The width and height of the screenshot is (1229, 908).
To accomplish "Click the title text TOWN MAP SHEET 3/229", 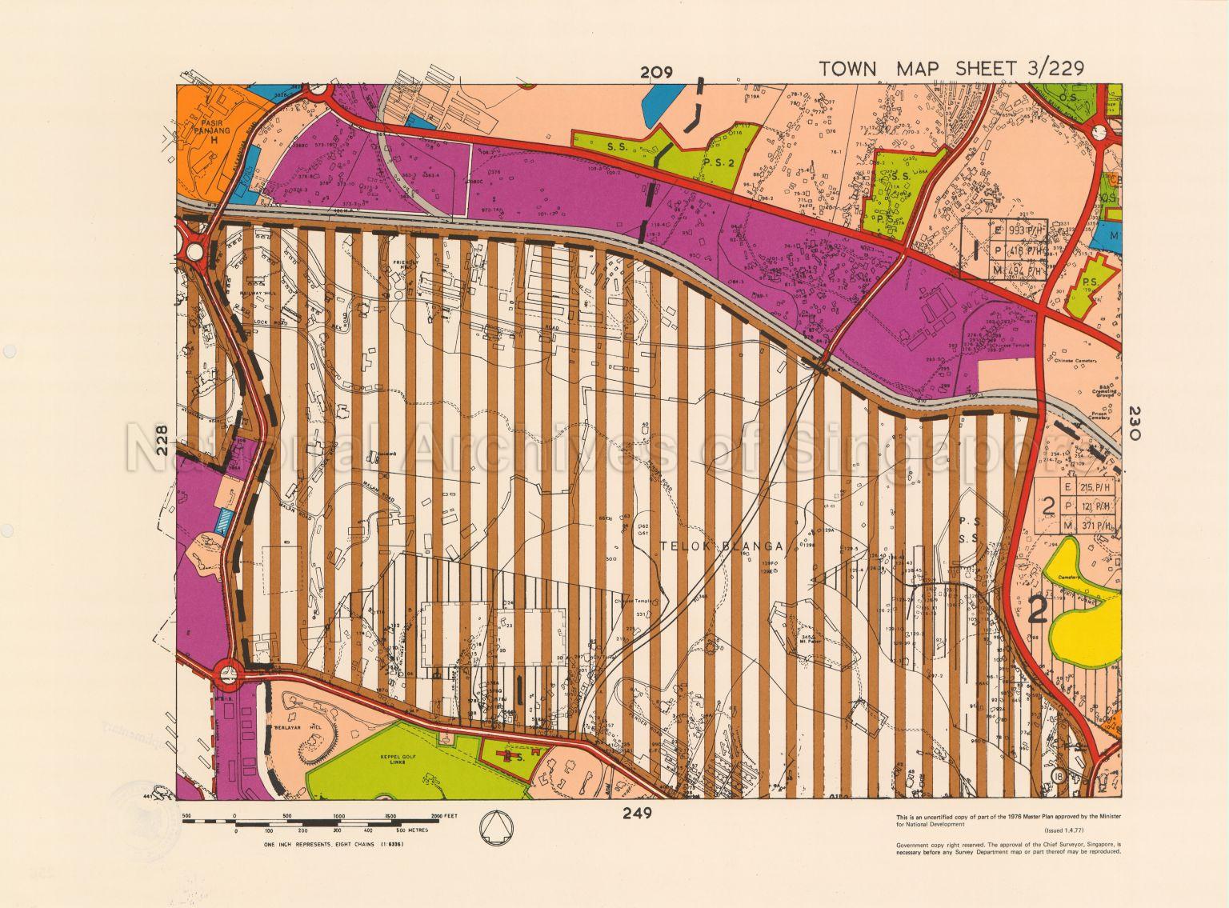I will [951, 69].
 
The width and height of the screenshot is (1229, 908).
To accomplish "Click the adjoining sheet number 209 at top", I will [655, 73].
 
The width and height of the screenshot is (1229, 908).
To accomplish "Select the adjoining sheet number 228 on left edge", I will [163, 440].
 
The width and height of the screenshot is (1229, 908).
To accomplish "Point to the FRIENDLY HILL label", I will [407, 266].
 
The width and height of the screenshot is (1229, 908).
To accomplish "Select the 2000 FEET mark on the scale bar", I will [437, 816].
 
